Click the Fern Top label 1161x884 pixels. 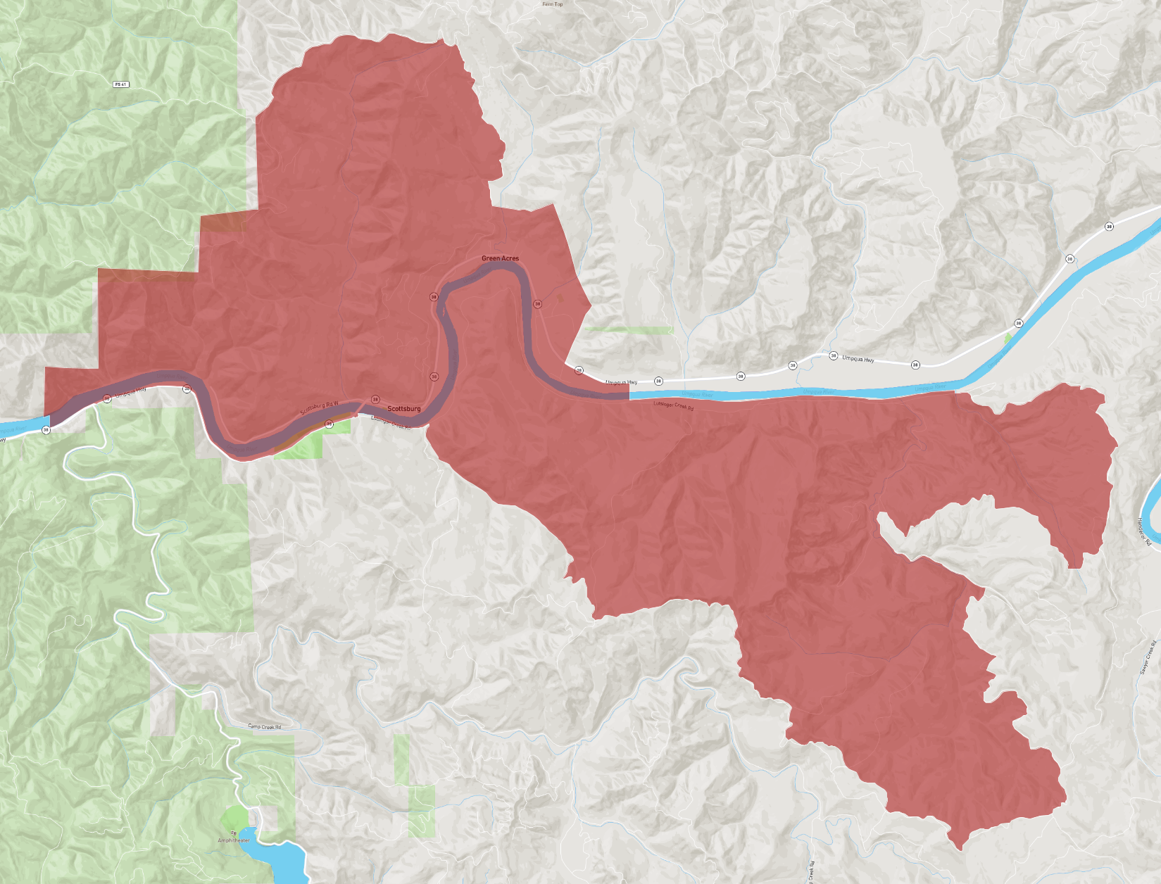tap(553, 4)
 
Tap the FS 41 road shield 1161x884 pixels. tap(121, 84)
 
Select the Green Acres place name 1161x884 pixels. tap(500, 258)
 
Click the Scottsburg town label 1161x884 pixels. tap(404, 409)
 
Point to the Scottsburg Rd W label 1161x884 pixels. tap(320, 408)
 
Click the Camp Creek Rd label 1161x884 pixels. tap(265, 726)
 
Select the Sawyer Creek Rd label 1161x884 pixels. tap(1148, 658)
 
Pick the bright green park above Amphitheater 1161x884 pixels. tap(234, 819)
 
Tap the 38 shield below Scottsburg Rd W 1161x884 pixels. tap(329, 424)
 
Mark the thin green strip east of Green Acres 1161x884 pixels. tap(629, 329)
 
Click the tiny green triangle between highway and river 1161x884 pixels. tap(1008, 339)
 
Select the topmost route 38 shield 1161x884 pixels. tap(1110, 227)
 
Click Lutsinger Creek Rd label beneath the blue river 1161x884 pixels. tap(674, 405)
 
